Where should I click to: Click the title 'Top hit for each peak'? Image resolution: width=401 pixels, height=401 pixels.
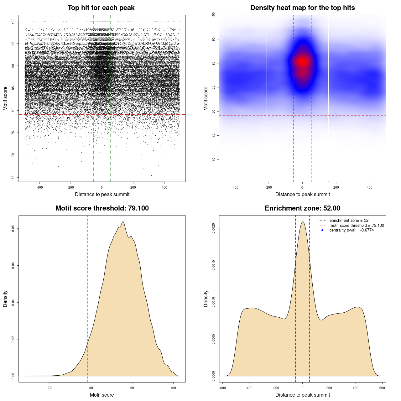click(x=101, y=8)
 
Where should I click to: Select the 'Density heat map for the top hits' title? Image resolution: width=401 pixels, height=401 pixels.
click(x=302, y=8)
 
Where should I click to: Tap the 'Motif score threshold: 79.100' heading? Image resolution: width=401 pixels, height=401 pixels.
click(x=102, y=208)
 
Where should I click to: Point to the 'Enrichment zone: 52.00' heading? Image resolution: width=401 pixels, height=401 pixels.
click(x=302, y=208)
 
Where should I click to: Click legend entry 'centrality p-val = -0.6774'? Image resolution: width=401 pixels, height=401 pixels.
click(x=351, y=230)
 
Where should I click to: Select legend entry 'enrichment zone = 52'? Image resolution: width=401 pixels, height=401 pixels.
click(x=349, y=221)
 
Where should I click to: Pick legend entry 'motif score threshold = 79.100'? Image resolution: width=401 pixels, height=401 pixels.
click(x=357, y=225)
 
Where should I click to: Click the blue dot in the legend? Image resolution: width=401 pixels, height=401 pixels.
click(x=322, y=230)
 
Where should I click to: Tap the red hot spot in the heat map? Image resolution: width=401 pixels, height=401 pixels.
click(x=302, y=62)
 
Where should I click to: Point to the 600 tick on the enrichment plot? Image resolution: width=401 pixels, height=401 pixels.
click(x=382, y=388)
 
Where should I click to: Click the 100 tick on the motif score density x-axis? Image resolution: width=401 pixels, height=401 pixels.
click(x=173, y=388)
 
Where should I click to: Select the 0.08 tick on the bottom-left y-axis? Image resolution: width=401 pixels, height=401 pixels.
click(x=13, y=229)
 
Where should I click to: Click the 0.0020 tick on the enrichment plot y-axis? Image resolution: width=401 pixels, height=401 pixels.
click(x=214, y=228)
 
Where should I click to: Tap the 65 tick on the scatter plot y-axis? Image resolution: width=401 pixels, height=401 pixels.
click(x=13, y=177)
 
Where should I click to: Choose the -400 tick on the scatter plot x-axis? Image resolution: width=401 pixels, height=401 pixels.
click(x=39, y=187)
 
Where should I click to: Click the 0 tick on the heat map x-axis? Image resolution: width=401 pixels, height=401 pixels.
click(x=302, y=187)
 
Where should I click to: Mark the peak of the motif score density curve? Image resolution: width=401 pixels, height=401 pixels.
click(x=123, y=222)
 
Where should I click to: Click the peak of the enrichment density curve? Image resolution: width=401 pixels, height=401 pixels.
click(x=303, y=222)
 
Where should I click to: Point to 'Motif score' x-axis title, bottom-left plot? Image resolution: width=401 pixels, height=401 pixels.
click(x=102, y=395)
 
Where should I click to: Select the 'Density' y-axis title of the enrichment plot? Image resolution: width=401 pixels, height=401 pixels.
click(x=206, y=299)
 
